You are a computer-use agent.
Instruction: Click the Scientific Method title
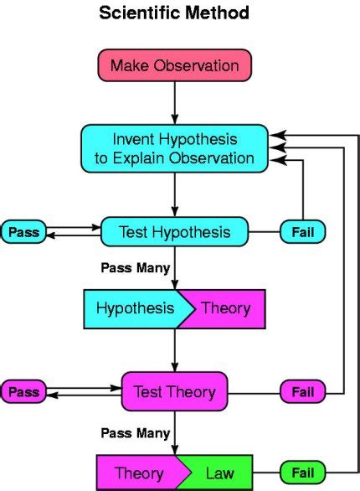pyautogui.click(x=174, y=13)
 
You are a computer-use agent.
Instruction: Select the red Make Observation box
pyautogui.click(x=174, y=65)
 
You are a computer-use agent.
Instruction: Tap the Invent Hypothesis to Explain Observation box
pyautogui.click(x=174, y=147)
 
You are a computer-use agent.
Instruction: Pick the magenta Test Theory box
pyautogui.click(x=174, y=391)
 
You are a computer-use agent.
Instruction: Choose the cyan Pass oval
pyautogui.click(x=23, y=232)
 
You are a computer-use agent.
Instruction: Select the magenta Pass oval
pyautogui.click(x=23, y=391)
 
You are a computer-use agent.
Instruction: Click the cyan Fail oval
pyautogui.click(x=302, y=232)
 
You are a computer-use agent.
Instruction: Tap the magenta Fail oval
pyautogui.click(x=302, y=391)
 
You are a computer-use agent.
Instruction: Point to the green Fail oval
pyautogui.click(x=302, y=472)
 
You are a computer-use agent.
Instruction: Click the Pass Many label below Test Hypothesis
pyautogui.click(x=136, y=269)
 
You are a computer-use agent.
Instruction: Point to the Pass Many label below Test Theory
pyautogui.click(x=136, y=433)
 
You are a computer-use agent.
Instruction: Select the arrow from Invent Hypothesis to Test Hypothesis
pyautogui.click(x=174, y=193)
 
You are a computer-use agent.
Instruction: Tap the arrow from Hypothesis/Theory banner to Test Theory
pyautogui.click(x=174, y=350)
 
